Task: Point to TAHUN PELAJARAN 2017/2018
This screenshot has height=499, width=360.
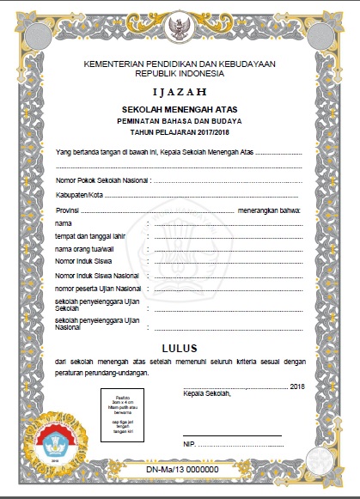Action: pyautogui.click(x=180, y=135)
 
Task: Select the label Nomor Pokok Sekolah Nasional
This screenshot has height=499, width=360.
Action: pyautogui.click(x=101, y=181)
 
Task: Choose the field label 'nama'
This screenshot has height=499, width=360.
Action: pyautogui.click(x=63, y=223)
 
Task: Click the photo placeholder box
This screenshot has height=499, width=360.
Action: pyautogui.click(x=129, y=412)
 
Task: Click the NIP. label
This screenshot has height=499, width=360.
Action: pyautogui.click(x=190, y=444)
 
